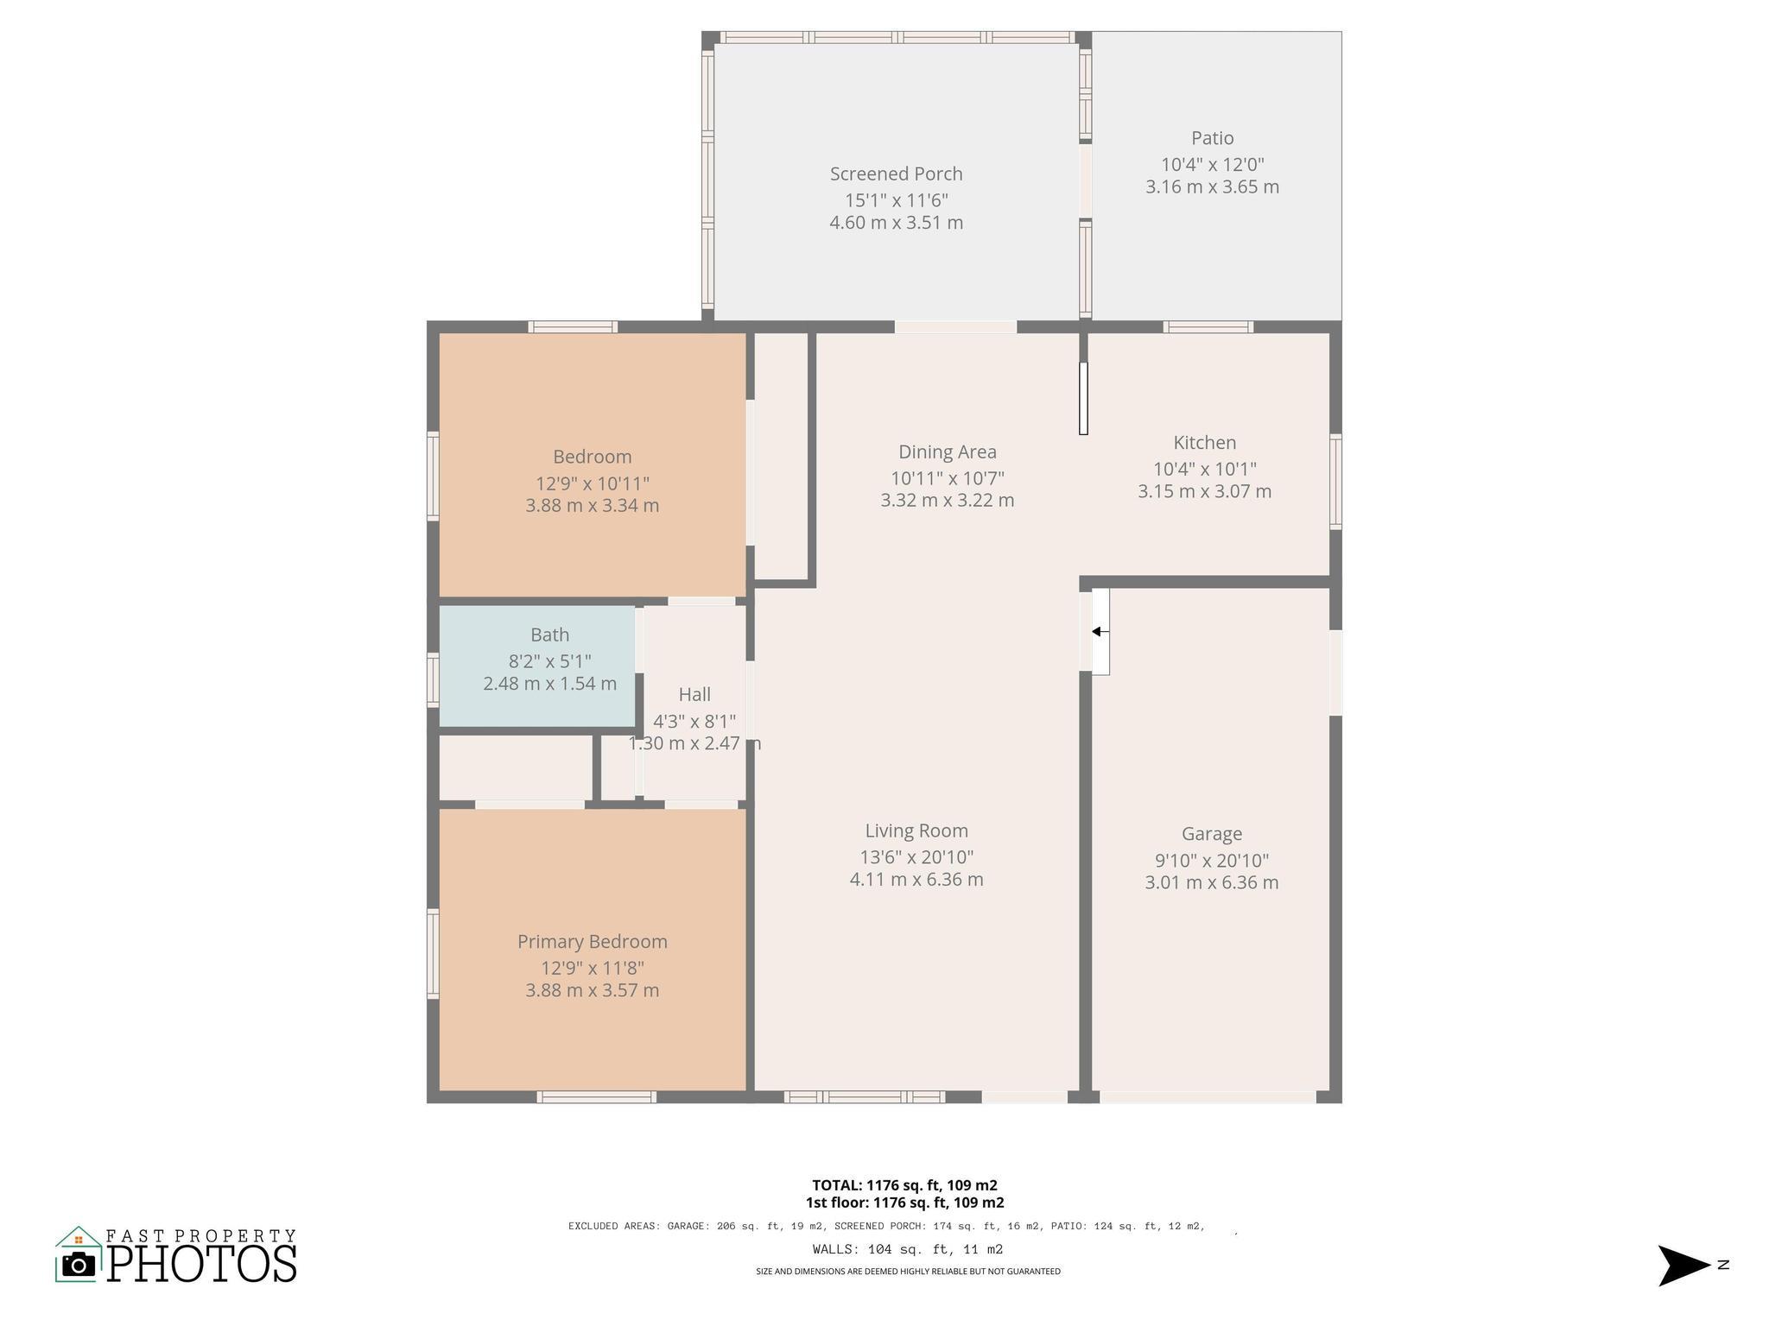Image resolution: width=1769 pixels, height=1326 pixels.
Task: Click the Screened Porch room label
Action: [896, 174]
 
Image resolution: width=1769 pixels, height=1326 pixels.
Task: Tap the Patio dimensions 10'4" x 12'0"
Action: [1212, 164]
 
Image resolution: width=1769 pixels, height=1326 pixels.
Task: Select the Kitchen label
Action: [1204, 442]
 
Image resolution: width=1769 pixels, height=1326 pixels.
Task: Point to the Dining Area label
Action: [947, 451]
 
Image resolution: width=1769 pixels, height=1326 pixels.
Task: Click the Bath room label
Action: [549, 635]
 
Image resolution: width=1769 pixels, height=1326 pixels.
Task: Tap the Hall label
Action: [694, 694]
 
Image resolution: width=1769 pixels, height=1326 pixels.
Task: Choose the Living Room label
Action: [916, 830]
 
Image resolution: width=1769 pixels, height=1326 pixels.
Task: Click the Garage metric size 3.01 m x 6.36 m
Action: [1211, 882]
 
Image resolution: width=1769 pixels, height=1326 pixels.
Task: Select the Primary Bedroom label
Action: [592, 941]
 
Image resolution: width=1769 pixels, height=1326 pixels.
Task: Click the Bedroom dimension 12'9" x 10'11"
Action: [592, 483]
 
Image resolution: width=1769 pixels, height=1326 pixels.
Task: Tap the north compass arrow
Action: [1683, 1266]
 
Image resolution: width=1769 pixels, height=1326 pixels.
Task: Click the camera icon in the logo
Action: [79, 1265]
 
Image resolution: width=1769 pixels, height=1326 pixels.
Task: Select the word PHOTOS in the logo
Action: [202, 1264]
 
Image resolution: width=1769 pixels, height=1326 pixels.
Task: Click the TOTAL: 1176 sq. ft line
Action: [904, 1185]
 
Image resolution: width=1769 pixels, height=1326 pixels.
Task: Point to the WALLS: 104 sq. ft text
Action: [907, 1249]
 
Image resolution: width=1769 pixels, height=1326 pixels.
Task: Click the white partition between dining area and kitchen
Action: [1083, 398]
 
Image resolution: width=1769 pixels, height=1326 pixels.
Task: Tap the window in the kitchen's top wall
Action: [1208, 327]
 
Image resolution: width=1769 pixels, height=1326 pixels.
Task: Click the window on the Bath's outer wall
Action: [434, 680]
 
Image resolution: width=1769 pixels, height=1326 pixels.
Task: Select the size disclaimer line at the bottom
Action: [908, 1272]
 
